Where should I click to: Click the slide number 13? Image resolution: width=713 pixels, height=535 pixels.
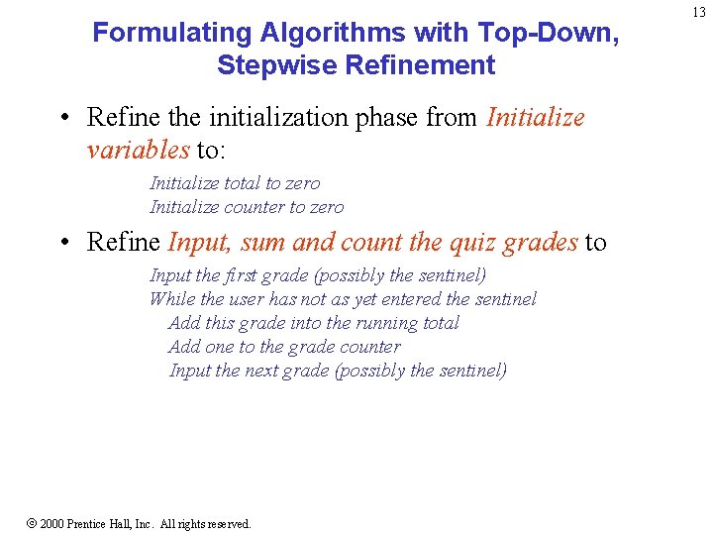[x=699, y=13]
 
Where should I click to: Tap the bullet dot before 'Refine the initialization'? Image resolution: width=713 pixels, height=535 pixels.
[x=62, y=119]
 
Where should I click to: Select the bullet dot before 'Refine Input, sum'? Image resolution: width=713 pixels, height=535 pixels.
[x=62, y=243]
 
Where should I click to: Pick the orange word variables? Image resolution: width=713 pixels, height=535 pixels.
[x=138, y=150]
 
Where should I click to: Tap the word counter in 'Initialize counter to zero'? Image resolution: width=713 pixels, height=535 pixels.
[x=255, y=207]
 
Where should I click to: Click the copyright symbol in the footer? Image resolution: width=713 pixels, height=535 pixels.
[x=31, y=523]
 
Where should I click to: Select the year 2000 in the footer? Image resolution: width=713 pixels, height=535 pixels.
[x=51, y=523]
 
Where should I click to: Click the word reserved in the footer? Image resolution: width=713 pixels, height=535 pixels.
[x=226, y=523]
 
